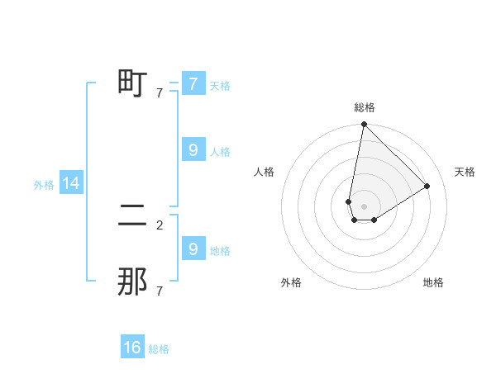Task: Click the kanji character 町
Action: tap(132, 83)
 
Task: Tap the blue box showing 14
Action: tap(71, 183)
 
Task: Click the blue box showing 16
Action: tap(132, 348)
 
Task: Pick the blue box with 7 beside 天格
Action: tap(193, 83)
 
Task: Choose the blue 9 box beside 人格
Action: tap(193, 150)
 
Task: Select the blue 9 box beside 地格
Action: tap(193, 248)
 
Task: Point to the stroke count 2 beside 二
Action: tap(160, 225)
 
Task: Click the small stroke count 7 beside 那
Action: tap(160, 291)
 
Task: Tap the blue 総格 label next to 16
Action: tap(159, 349)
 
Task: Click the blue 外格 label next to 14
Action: tap(44, 185)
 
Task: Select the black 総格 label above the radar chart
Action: tap(364, 107)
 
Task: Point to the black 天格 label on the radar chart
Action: tap(465, 172)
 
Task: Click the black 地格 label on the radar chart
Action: tap(433, 282)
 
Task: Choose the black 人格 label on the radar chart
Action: tap(265, 172)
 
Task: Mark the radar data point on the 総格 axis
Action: tap(364, 125)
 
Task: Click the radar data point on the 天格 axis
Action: tap(427, 186)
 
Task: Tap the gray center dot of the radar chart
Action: tap(364, 206)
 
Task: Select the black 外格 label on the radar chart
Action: tap(291, 282)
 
